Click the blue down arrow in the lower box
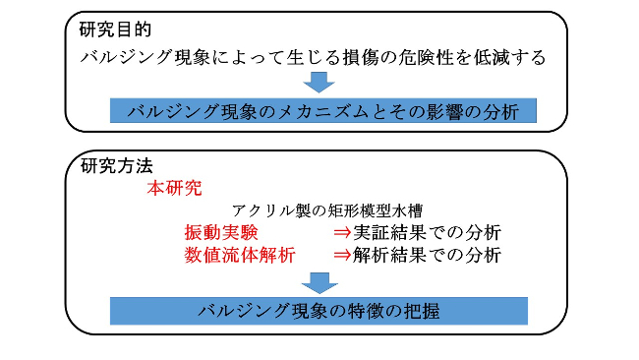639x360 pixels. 319,281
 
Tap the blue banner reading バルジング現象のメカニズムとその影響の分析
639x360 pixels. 323,110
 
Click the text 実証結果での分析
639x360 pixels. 428,233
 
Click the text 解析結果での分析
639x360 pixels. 428,256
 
